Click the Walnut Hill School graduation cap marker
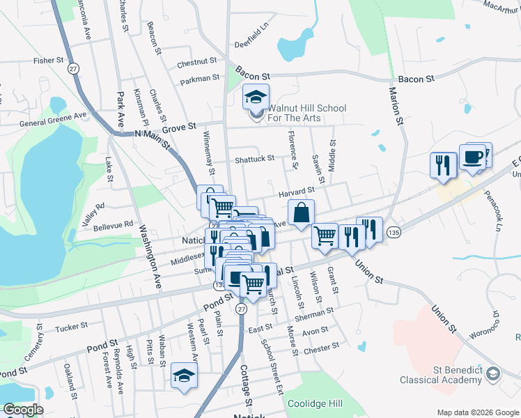pyautogui.click(x=256, y=97)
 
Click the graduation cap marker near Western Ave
pyautogui.click(x=183, y=377)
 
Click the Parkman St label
pyautogui.click(x=200, y=79)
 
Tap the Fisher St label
pyautogui.click(x=49, y=61)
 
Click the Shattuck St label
pyautogui.click(x=254, y=159)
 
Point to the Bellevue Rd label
pyautogui.click(x=113, y=225)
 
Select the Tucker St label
pyautogui.click(x=71, y=325)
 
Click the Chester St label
pyautogui.click(x=321, y=346)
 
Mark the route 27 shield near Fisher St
pyautogui.click(x=72, y=68)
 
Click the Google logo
pyautogui.click(x=23, y=410)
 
